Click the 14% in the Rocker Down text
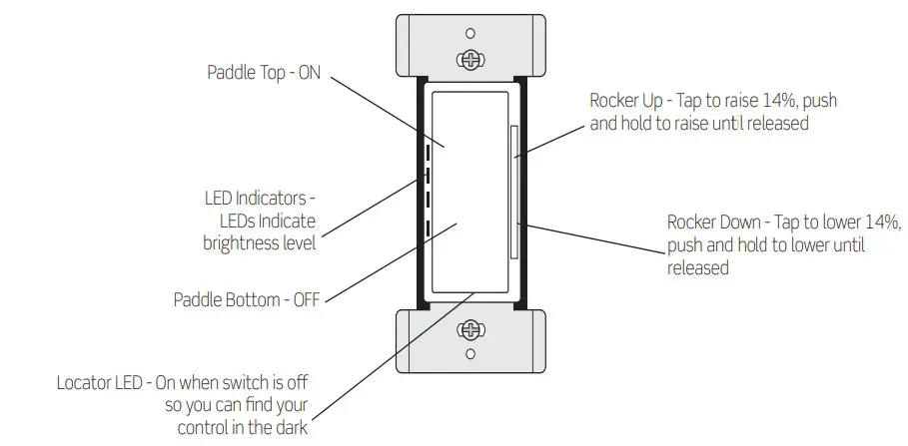pos(883,222)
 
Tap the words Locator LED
pos(103,382)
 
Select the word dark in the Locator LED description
pos(291,428)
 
